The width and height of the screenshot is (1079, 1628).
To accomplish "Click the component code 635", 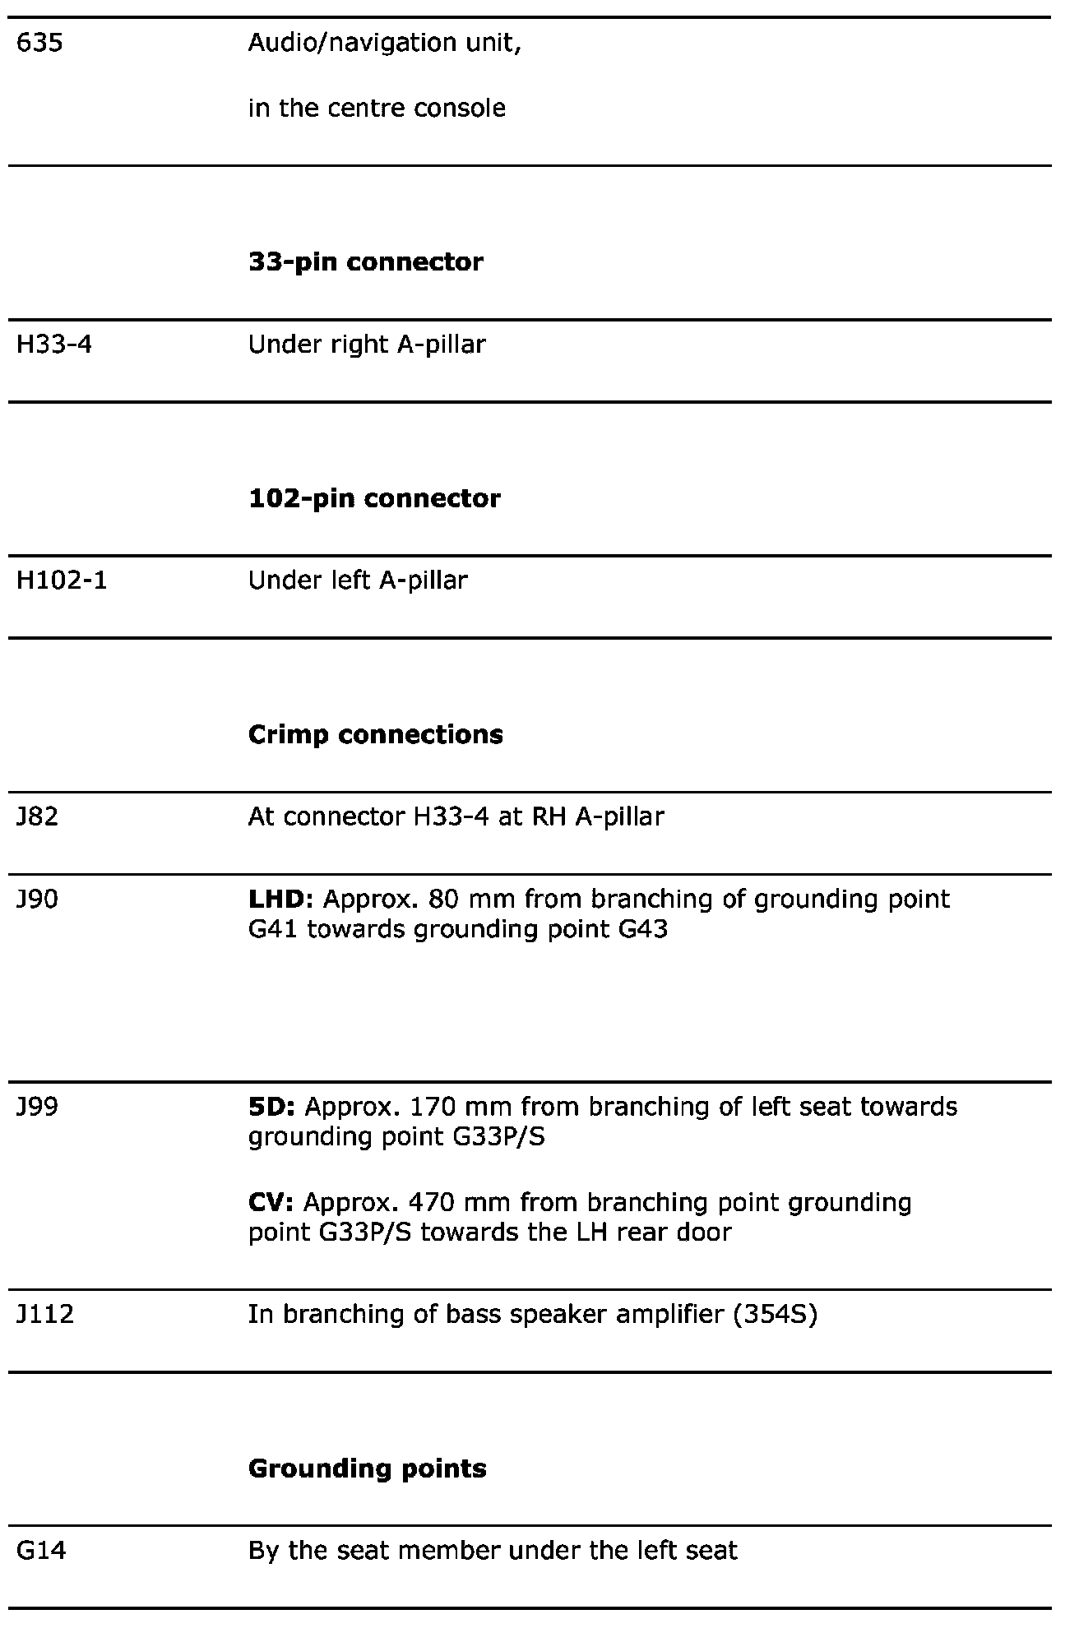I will tap(39, 43).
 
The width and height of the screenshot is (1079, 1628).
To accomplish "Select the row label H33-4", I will tap(54, 344).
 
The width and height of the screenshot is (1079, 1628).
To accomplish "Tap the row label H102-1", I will tap(62, 580).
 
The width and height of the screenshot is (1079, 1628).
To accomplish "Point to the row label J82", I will tap(38, 816).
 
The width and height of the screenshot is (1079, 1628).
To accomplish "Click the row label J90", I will tap(38, 899).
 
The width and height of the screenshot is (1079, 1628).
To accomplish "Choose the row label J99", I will tap(38, 1107).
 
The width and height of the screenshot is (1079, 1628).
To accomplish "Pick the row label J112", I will tap(45, 1314).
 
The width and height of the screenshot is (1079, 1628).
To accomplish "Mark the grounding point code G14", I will tap(41, 1551).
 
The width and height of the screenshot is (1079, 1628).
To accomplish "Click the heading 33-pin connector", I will tap(366, 262).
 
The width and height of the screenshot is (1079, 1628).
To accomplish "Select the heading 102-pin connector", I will tap(374, 498).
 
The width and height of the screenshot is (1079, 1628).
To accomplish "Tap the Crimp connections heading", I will tap(375, 734).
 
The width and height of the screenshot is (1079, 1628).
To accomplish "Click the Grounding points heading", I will tap(367, 1468).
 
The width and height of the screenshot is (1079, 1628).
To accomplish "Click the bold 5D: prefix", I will tap(271, 1107).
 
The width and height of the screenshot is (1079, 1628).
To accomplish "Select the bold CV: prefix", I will tap(271, 1203).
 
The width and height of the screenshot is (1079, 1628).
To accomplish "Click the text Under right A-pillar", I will tap(367, 344).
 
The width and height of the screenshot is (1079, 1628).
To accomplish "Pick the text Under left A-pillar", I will tap(358, 580).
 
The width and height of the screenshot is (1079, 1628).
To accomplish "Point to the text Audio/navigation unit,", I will tap(385, 43).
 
